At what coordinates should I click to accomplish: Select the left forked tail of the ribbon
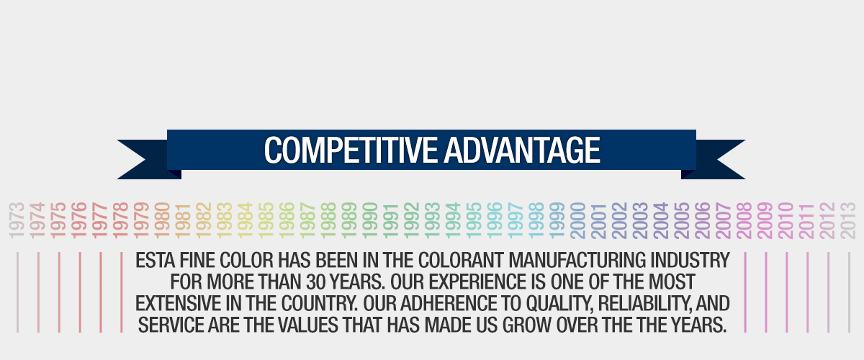tap(144, 159)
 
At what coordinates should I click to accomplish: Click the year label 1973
tap(18, 220)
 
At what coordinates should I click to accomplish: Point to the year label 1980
tap(163, 220)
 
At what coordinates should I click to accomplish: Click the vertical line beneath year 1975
tap(59, 292)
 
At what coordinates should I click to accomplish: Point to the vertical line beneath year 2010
tap(786, 292)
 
